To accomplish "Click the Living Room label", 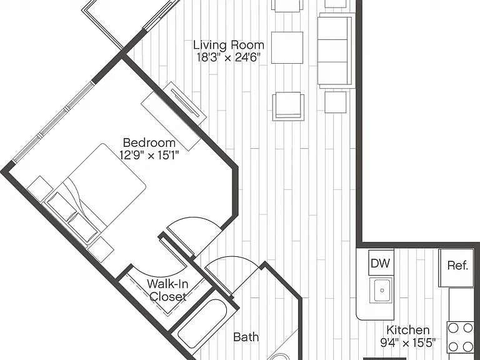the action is (229, 45).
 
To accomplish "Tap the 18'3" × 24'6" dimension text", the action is (228, 57).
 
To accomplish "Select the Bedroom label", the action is (149, 142).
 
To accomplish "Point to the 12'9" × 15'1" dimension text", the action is (149, 155).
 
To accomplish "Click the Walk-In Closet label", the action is (167, 290).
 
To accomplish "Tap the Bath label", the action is (246, 337).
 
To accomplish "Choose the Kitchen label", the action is (407, 330).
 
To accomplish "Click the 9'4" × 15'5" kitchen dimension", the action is (407, 342).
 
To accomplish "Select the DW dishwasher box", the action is (381, 262).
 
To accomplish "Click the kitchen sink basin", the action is (381, 290).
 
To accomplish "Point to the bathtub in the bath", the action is (202, 324).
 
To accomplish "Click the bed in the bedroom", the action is (96, 194).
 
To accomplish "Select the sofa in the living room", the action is (336, 51).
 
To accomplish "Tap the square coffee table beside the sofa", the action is (287, 47).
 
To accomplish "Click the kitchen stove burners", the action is (460, 337).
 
